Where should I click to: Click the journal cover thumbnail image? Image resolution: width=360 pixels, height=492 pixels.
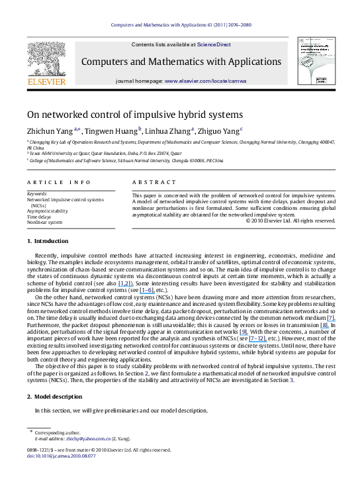coord(316,60)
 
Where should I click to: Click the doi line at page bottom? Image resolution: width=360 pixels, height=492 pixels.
coord(56,456)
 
